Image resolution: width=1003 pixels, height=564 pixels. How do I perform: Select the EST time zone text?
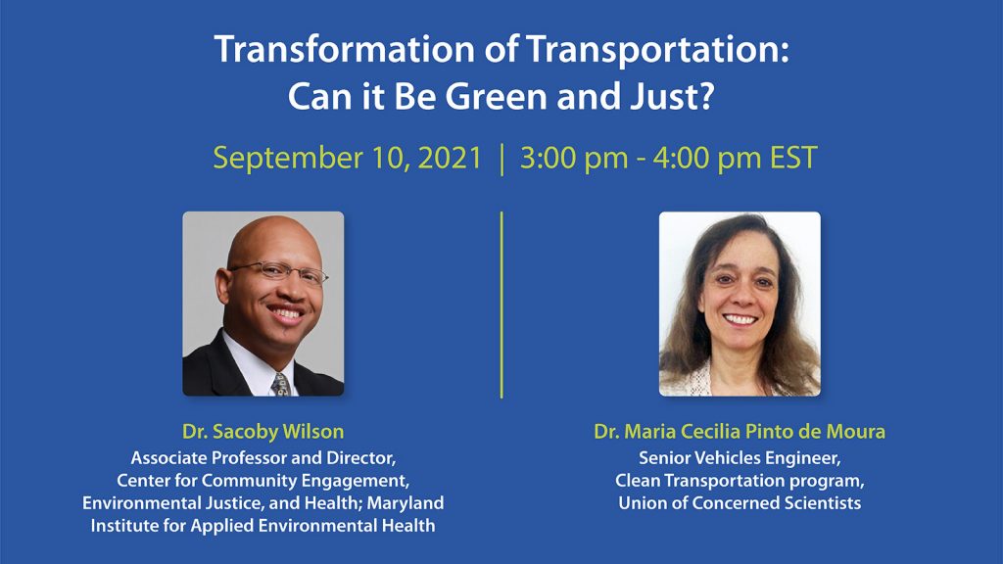tap(793, 158)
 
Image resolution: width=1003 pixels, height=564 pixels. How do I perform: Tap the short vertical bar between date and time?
tap(502, 160)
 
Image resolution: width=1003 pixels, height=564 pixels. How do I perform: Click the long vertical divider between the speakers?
tap(501, 305)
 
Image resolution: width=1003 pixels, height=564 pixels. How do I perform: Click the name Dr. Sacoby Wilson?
tap(263, 432)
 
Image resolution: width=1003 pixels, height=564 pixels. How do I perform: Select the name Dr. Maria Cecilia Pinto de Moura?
tap(740, 432)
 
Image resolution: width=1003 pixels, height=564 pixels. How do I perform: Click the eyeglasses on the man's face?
tap(279, 272)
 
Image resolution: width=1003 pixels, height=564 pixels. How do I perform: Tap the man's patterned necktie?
tap(280, 384)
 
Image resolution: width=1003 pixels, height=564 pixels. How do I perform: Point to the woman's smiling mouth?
tap(740, 318)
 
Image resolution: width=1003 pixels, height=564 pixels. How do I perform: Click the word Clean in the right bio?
tap(637, 480)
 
